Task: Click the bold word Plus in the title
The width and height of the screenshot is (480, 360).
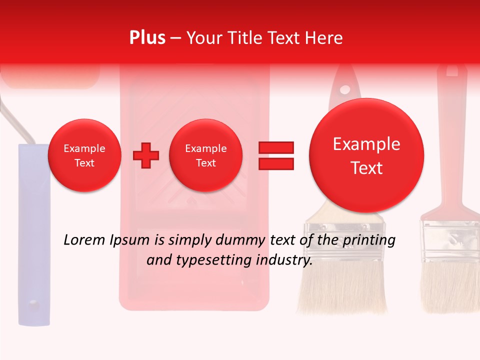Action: pyautogui.click(x=147, y=38)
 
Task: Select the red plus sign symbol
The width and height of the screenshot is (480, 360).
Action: pyautogui.click(x=146, y=155)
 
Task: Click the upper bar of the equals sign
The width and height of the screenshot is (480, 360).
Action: pyautogui.click(x=275, y=147)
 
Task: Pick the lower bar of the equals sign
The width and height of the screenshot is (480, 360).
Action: pyautogui.click(x=275, y=163)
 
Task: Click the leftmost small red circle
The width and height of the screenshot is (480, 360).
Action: pyautogui.click(x=84, y=155)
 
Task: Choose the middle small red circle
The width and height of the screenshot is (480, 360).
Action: pyautogui.click(x=205, y=155)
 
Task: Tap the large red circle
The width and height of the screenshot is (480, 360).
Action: pyautogui.click(x=366, y=155)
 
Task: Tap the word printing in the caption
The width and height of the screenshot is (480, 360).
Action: pyautogui.click(x=369, y=240)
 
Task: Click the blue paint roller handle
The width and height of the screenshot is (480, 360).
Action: pyautogui.click(x=34, y=235)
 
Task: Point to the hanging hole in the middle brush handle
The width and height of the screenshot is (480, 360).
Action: pyautogui.click(x=344, y=90)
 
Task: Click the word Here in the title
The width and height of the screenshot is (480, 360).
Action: pyautogui.click(x=325, y=38)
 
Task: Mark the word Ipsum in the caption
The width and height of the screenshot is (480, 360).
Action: pyautogui.click(x=132, y=240)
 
